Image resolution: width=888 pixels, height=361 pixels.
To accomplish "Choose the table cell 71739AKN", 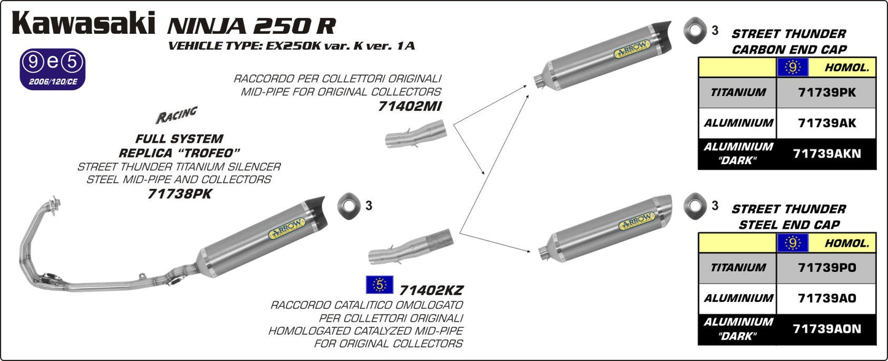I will (826, 154).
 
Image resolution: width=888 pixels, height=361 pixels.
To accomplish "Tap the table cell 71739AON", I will (826, 329).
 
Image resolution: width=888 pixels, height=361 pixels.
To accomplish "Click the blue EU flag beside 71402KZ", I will (379, 285).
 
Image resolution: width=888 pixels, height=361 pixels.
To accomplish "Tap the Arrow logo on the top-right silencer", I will (633, 50).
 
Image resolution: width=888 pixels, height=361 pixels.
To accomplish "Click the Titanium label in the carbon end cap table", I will (738, 92).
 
